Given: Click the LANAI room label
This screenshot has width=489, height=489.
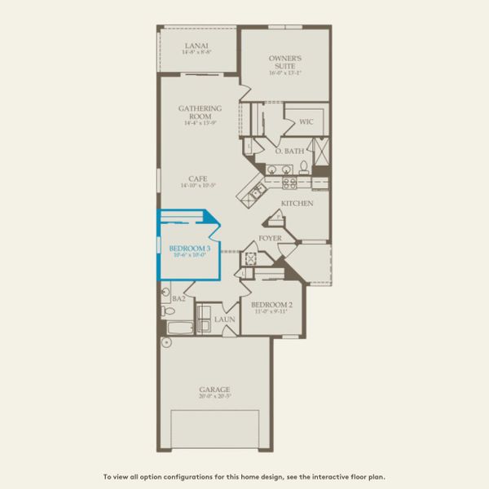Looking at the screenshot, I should pos(197,46).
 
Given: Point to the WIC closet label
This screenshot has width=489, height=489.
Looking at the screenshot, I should pos(306,122).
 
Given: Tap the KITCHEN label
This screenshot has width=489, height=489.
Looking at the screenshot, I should pos(297,203).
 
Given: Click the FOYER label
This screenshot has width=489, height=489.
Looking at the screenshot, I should pos(271,239).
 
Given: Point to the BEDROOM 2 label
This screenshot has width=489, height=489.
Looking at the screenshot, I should pos(272,305).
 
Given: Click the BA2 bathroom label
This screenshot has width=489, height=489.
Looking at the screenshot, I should pos(178,299).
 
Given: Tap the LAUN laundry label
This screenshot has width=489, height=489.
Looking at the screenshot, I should pos(224,319).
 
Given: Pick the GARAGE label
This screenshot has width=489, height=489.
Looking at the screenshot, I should pos(214,390).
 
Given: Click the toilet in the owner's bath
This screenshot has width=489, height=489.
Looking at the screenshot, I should pos(303,167).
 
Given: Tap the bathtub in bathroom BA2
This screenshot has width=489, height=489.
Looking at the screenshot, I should pos(178,328).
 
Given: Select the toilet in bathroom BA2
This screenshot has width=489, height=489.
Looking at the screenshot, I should pos(168,311).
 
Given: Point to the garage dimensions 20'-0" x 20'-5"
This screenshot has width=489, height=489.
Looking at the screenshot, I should pos(214,397).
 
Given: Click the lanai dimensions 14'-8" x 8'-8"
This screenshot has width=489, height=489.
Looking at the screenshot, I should pos(197,53).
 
